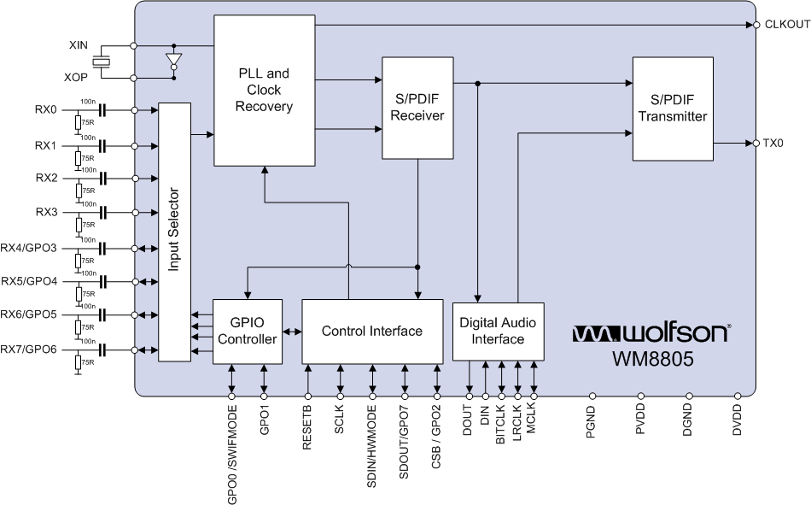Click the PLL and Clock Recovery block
point(264,91)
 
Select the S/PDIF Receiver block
point(417,108)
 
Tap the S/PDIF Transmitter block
point(673,109)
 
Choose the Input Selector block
point(174,231)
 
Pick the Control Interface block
point(372,332)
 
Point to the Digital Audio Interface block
point(498,332)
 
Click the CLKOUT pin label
point(785,25)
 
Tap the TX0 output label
point(773,144)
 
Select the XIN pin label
point(79,44)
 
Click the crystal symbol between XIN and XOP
point(102,61)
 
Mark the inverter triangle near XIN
point(174,62)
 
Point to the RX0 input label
point(45,110)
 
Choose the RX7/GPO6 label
point(30,349)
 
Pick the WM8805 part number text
point(651,359)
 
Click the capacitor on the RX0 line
point(103,110)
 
